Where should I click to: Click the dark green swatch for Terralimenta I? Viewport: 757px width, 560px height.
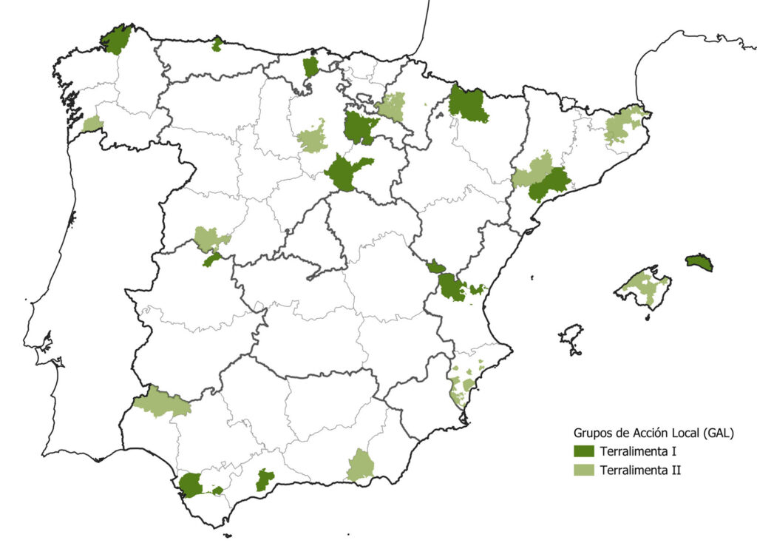tap(584, 451)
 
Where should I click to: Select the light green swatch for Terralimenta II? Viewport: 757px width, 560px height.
tap(584, 470)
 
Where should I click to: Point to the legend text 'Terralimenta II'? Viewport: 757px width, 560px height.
tap(640, 470)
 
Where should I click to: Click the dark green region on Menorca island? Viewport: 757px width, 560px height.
tap(699, 262)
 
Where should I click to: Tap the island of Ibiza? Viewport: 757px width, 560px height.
tap(571, 339)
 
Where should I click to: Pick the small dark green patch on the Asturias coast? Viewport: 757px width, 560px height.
tap(217, 45)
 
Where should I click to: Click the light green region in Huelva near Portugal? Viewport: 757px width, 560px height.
tap(160, 402)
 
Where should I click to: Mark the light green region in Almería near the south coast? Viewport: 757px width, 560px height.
tap(361, 466)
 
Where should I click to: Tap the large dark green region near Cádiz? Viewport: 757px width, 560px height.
tap(191, 485)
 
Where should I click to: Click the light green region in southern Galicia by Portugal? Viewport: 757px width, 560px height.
tap(92, 124)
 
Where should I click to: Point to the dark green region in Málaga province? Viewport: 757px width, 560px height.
tap(264, 479)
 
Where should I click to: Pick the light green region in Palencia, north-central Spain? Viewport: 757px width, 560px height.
tap(313, 138)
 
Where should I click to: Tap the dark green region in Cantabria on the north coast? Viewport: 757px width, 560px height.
tap(310, 67)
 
